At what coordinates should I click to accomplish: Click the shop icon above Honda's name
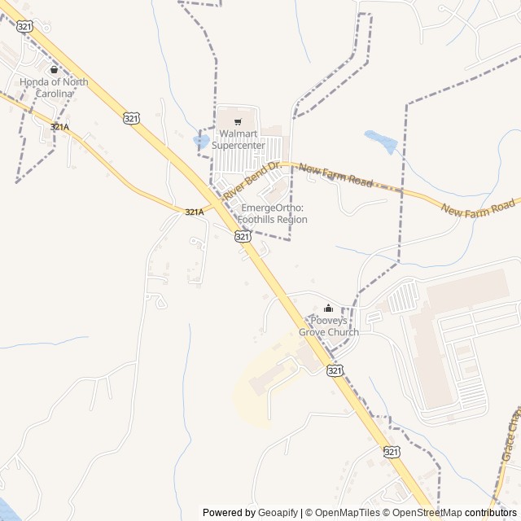coord(54,70)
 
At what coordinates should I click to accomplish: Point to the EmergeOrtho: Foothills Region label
coord(272,213)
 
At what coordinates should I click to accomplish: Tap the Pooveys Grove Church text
coord(328,326)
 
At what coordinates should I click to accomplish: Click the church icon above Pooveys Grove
coord(328,309)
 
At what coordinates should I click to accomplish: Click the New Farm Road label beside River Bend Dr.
coord(335,176)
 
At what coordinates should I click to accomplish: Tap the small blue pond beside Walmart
coord(200,141)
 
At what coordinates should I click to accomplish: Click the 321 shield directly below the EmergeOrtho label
coord(243,236)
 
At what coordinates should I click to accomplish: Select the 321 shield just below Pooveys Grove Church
coord(335,370)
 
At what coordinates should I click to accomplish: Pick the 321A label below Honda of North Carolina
coord(59,127)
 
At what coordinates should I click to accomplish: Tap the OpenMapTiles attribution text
coord(341,513)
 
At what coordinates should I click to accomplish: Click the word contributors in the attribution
coord(491,513)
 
